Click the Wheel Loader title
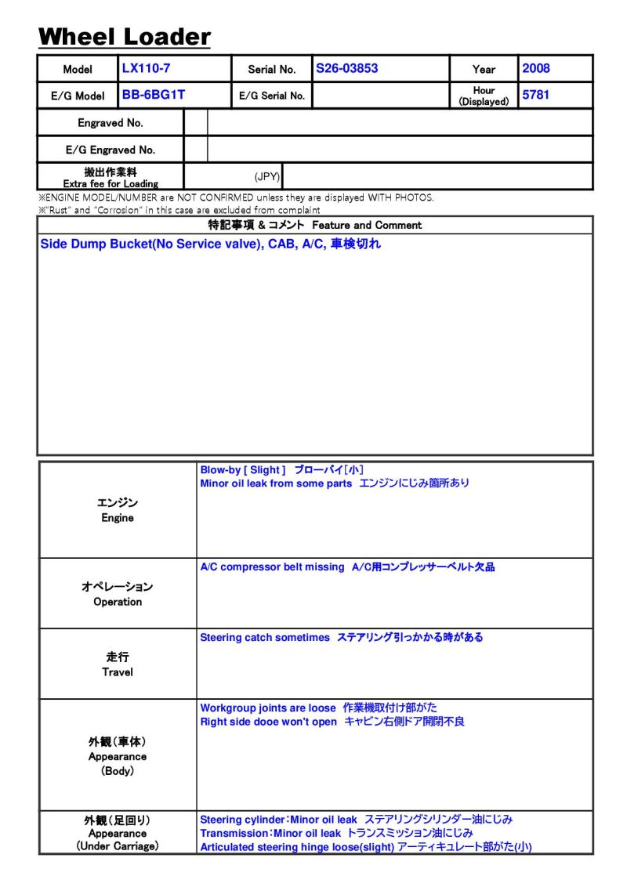[125, 36]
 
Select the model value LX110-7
[146, 68]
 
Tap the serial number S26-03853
[346, 68]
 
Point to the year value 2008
[536, 68]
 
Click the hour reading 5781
[536, 96]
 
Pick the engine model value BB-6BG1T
[154, 96]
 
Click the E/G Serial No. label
[272, 96]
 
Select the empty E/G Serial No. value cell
[380, 96]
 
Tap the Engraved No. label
[111, 123]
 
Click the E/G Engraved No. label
[111, 150]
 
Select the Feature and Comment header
[314, 225]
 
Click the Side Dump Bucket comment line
[210, 244]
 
